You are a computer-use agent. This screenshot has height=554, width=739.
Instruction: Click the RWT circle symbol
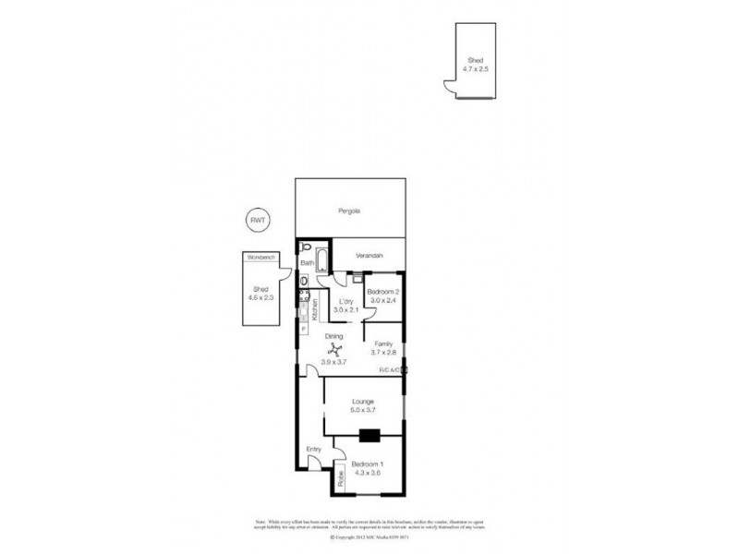tap(256, 220)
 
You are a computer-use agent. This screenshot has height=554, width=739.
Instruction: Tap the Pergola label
tap(348, 211)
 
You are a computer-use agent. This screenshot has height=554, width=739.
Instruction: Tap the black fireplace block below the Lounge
tap(369, 437)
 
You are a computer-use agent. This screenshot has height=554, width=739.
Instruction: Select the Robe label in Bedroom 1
tap(339, 477)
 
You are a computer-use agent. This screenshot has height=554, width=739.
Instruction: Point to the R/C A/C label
tap(388, 371)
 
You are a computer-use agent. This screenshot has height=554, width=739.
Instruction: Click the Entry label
tap(313, 449)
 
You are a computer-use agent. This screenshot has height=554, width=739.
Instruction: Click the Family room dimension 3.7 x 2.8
tap(383, 352)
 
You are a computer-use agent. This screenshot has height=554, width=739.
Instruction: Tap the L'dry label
tap(347, 302)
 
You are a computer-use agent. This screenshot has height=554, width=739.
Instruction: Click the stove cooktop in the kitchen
tap(303, 298)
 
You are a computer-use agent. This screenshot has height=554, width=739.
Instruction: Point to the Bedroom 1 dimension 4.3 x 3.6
tap(369, 473)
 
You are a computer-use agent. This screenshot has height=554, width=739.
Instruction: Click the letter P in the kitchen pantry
tap(303, 328)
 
